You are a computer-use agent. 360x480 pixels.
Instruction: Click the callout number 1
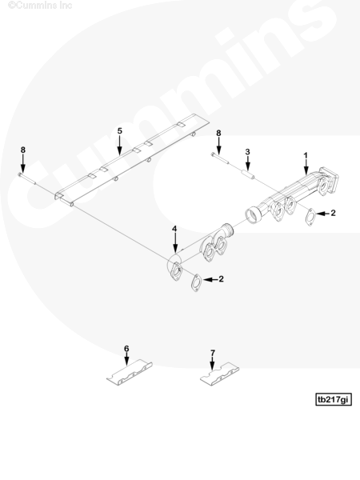[306, 155]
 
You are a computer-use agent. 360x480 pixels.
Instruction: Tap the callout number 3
[247, 152]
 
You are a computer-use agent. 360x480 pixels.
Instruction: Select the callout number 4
[174, 229]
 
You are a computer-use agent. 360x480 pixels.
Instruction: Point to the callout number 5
[120, 130]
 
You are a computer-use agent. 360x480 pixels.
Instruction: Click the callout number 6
[126, 349]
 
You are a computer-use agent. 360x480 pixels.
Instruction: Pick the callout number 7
[213, 354]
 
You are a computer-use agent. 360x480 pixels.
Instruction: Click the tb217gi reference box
[334, 399]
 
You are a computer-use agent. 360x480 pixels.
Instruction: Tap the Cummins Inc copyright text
[40, 6]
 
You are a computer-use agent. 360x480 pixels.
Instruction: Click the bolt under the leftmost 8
[27, 178]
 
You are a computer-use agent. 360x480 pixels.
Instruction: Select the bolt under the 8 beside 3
[219, 158]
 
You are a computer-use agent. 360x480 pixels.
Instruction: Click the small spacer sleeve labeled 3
[248, 175]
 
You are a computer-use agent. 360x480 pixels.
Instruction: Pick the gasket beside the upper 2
[310, 217]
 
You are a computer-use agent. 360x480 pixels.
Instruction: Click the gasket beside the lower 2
[196, 283]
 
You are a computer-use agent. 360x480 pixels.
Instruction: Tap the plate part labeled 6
[130, 372]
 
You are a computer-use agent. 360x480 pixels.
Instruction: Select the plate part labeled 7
[219, 374]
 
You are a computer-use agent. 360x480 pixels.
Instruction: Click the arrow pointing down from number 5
[120, 145]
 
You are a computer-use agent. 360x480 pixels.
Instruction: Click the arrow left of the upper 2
[322, 214]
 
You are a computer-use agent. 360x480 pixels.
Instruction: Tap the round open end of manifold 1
[253, 215]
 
